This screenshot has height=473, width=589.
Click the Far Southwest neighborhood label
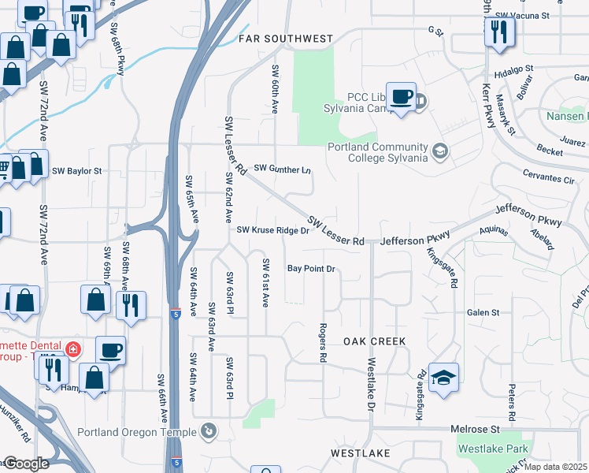click(x=287, y=38)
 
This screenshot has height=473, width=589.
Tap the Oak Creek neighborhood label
click(x=375, y=341)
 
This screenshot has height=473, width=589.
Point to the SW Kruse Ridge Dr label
click(x=273, y=230)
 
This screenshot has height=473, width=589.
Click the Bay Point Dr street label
click(x=311, y=269)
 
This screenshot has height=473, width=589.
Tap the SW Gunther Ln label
click(x=283, y=169)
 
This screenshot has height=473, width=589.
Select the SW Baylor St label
click(x=77, y=170)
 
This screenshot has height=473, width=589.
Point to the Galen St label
click(x=483, y=312)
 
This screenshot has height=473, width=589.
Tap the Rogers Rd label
click(x=323, y=342)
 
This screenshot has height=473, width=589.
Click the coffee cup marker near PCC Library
click(x=402, y=96)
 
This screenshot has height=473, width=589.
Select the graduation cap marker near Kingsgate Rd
click(x=444, y=376)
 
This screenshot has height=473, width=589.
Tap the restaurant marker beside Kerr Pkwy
click(x=499, y=32)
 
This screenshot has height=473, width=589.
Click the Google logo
click(x=26, y=464)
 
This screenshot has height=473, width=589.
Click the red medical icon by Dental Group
click(x=73, y=348)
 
